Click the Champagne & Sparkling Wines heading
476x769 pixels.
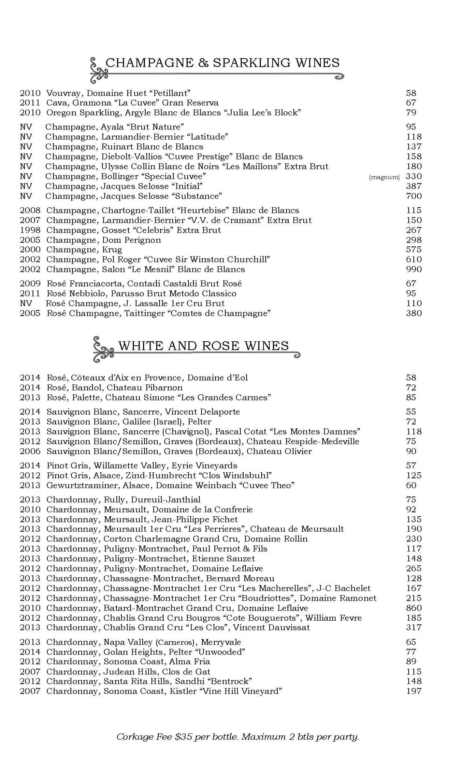coord(222,63)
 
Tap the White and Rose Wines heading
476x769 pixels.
coord(203,345)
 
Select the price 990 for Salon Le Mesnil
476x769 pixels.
coord(414,270)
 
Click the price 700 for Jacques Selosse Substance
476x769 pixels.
coord(414,196)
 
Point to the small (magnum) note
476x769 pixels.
coord(384,177)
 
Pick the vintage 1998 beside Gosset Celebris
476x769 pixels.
coord(30,230)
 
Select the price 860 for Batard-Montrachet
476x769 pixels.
coord(414,608)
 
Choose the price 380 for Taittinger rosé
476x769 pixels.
coord(414,314)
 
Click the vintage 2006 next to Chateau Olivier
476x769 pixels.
coord(30,451)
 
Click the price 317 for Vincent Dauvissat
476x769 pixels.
coord(414,627)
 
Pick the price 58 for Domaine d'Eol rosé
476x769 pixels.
coord(411,378)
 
